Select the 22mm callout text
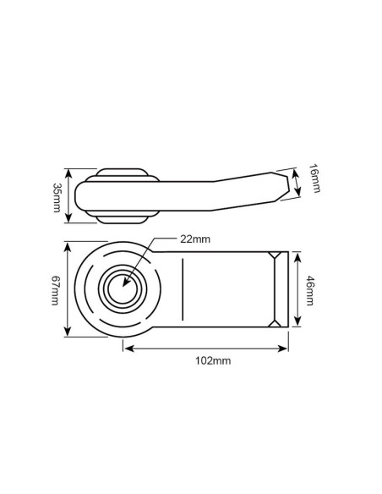(x=195, y=239)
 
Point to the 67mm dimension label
(x=56, y=290)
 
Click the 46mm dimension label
(x=309, y=290)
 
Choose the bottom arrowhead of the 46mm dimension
(x=297, y=326)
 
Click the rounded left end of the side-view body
(x=79, y=196)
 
